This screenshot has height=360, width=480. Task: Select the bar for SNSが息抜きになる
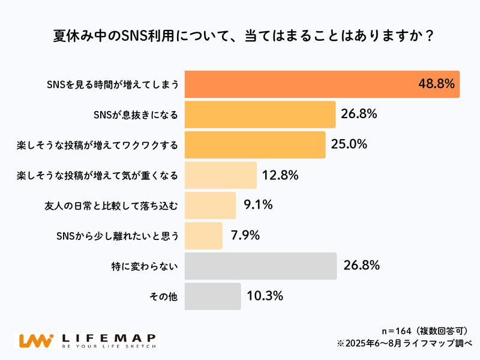click(x=260, y=115)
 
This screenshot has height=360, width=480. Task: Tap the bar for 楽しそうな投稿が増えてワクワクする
click(x=255, y=145)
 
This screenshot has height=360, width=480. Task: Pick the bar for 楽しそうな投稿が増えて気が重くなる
click(x=220, y=175)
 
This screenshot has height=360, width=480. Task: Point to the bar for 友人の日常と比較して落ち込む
click(x=210, y=205)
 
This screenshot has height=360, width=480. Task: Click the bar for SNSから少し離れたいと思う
click(x=203, y=236)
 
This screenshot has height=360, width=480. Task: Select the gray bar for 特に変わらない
click(x=260, y=266)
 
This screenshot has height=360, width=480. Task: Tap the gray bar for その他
click(x=212, y=296)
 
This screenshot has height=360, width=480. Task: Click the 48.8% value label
click(x=436, y=84)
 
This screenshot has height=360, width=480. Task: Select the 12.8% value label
click(x=280, y=175)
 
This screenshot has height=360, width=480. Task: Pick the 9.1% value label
click(x=258, y=205)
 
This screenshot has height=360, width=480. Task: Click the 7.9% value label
click(x=245, y=236)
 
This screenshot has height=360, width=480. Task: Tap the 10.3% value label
click(x=265, y=296)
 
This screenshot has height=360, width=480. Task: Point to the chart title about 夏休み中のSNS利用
click(x=240, y=35)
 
